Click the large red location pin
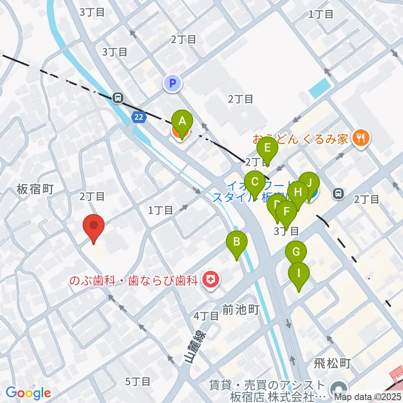coord(94,227)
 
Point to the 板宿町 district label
coord(35,189)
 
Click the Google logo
coord(28,393)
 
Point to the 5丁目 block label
coord(138,381)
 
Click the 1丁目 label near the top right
coord(321,15)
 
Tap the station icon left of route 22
coord(118,98)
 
